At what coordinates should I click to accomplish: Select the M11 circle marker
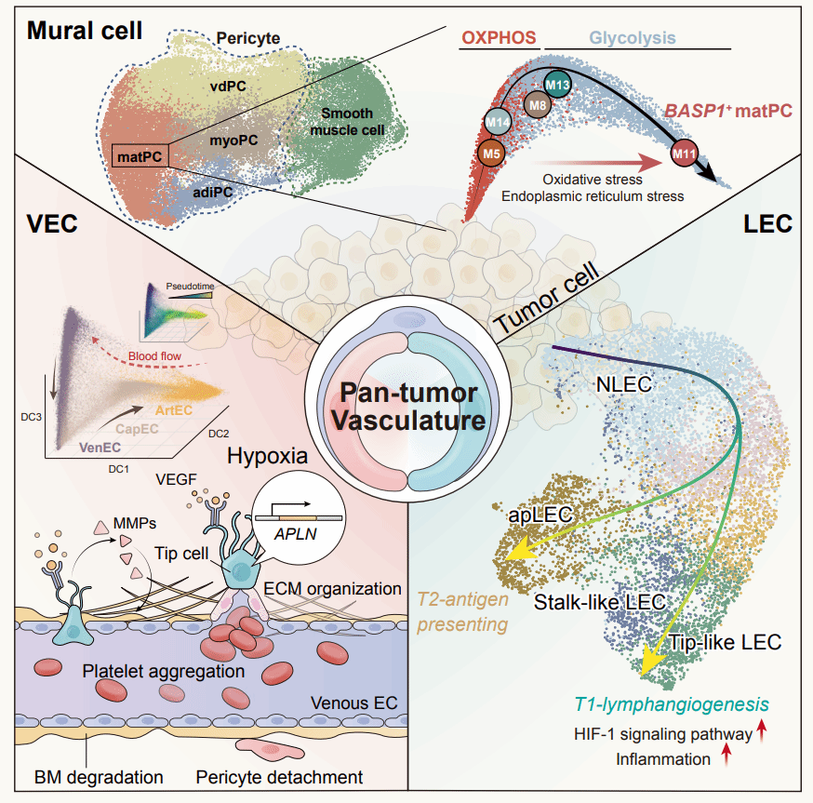tap(686, 152)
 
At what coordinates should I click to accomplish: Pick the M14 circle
tap(499, 122)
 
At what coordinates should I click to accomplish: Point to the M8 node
tap(538, 106)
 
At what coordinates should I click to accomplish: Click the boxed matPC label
tap(140, 157)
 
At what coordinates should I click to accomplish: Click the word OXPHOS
tap(500, 38)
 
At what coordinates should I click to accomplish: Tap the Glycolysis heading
tap(633, 39)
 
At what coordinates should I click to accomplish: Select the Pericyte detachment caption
tap(279, 776)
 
